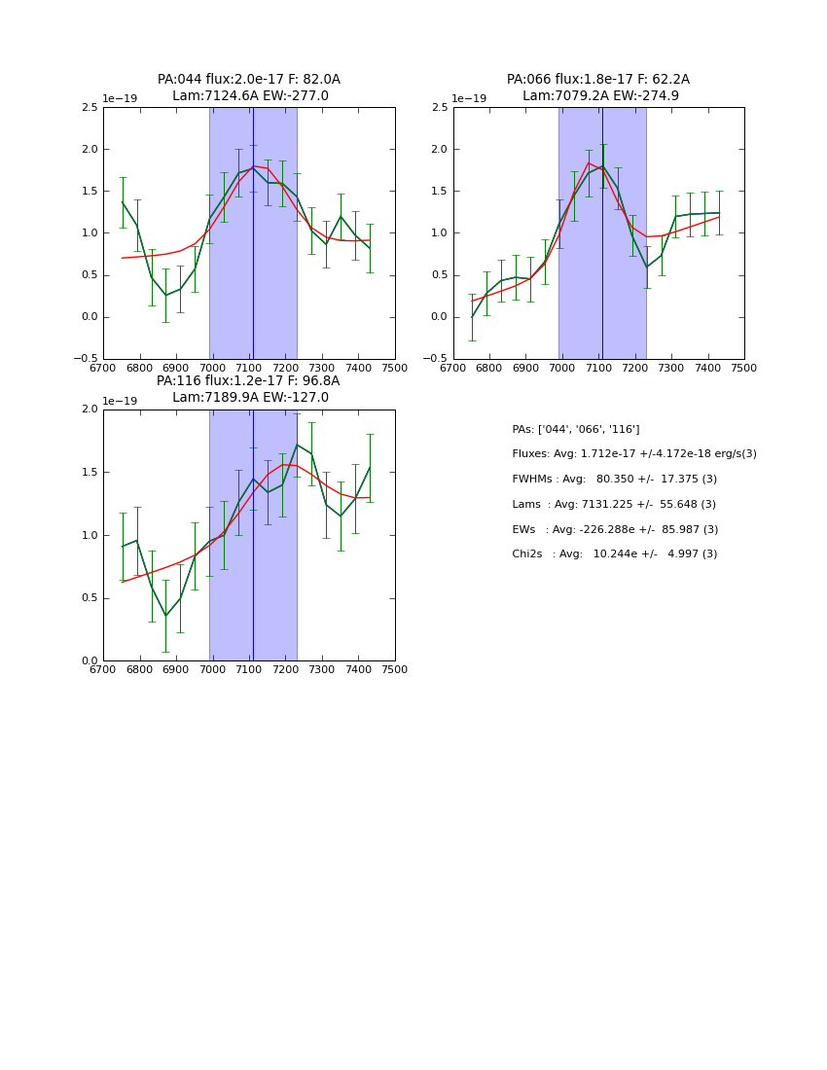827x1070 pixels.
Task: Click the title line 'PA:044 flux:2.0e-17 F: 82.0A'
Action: (x=249, y=80)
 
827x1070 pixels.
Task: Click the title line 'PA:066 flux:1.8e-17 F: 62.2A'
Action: (x=597, y=80)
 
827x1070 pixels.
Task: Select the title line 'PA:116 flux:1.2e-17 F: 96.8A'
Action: (x=248, y=381)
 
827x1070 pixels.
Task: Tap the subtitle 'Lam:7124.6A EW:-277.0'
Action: (x=250, y=96)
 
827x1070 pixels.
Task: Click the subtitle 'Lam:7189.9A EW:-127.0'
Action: (x=250, y=398)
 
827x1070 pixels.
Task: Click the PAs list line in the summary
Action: (x=576, y=429)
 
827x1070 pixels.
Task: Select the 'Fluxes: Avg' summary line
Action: (x=634, y=454)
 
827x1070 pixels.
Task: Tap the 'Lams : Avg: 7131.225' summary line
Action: (x=614, y=505)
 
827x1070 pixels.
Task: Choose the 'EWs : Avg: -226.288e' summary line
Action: (x=615, y=530)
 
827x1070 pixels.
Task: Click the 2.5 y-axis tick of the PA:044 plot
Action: (x=89, y=108)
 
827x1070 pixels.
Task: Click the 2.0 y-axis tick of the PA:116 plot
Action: (x=89, y=410)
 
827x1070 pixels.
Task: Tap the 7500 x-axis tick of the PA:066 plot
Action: (x=744, y=368)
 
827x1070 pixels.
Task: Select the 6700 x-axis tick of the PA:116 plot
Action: (x=103, y=669)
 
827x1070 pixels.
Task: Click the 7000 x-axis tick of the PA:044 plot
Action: (x=213, y=368)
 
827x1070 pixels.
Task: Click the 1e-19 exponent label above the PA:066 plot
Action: (x=470, y=99)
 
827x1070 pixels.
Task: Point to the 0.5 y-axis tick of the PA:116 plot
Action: (x=89, y=598)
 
